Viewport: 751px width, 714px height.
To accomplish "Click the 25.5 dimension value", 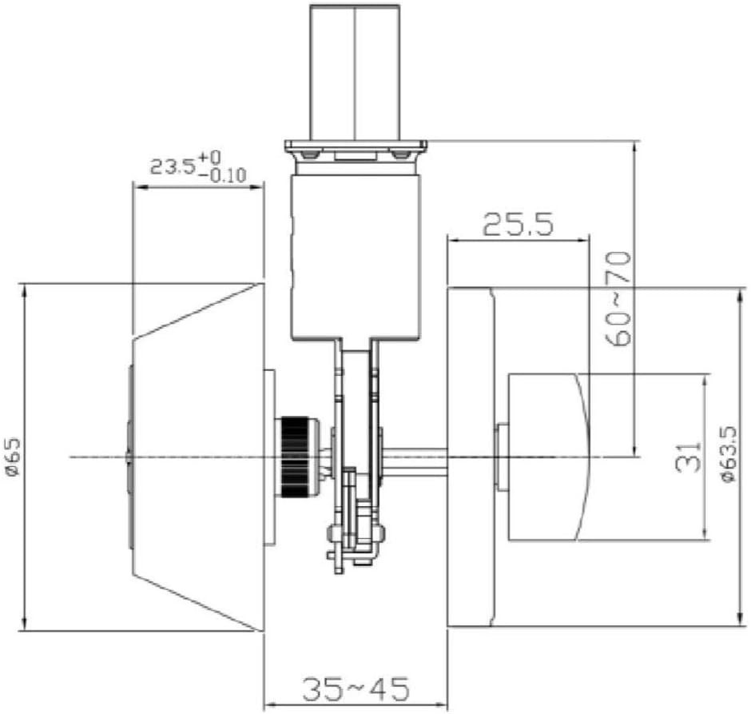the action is click(518, 225).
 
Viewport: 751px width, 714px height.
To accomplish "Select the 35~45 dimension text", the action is click(356, 688).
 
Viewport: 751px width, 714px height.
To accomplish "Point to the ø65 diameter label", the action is click(13, 457).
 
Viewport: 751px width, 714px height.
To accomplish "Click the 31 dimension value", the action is click(688, 457).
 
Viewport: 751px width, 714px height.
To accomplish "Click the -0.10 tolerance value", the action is click(221, 175).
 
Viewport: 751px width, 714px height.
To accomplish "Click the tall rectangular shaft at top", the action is click(355, 72).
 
